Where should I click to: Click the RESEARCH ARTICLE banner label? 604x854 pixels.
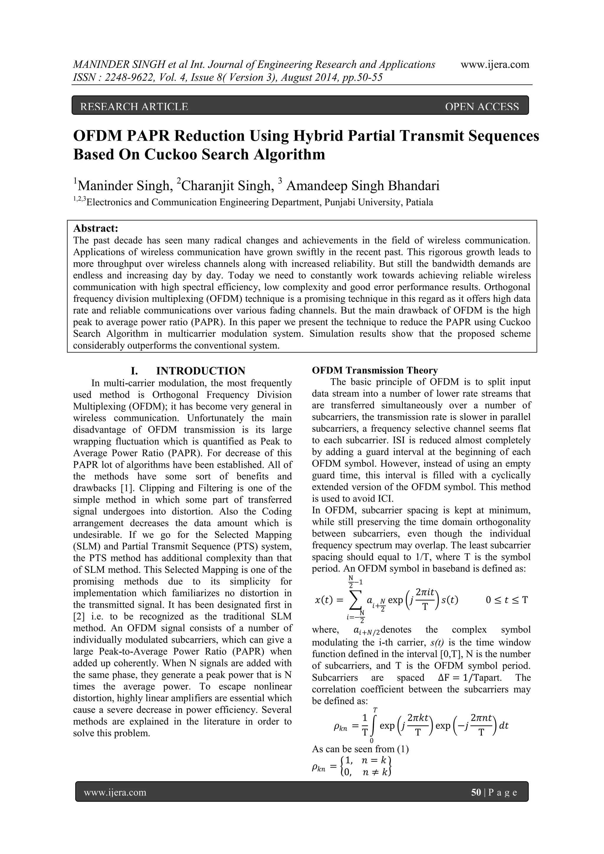134,107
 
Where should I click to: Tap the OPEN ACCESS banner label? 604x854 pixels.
481,107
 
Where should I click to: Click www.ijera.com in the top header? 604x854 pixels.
495,64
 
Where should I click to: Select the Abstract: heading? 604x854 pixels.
96,228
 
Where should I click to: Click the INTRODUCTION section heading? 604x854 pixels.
201,371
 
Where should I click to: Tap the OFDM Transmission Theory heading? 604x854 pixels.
375,371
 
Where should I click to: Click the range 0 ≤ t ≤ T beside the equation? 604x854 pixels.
507,600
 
